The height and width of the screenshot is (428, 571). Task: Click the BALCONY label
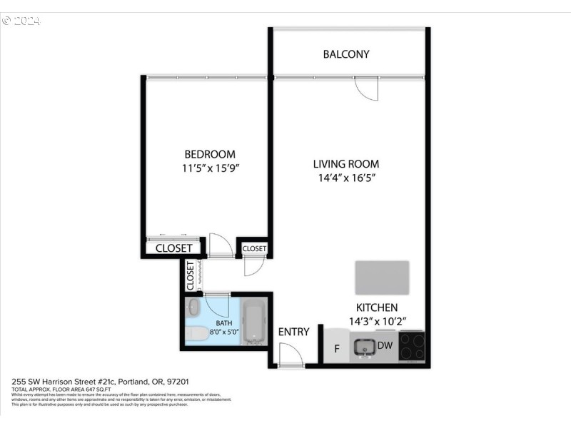click(x=346, y=54)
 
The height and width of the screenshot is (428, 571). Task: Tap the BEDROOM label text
click(x=210, y=154)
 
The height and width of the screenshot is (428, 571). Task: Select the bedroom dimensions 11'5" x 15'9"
click(x=210, y=169)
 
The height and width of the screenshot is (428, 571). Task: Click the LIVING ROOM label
click(x=346, y=163)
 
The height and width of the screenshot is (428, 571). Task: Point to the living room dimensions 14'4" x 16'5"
click(x=346, y=178)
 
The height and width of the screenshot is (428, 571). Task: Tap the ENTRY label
click(x=293, y=332)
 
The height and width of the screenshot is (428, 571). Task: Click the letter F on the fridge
click(x=337, y=348)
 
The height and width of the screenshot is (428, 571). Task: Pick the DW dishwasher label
click(x=385, y=346)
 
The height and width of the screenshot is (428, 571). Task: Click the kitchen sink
click(x=365, y=347)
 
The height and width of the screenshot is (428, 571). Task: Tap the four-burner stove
click(x=412, y=347)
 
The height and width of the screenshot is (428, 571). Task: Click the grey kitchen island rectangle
click(x=383, y=277)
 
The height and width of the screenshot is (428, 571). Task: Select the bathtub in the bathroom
click(x=253, y=322)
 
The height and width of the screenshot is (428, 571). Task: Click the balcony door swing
click(x=367, y=88)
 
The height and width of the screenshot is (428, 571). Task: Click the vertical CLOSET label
click(x=191, y=275)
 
